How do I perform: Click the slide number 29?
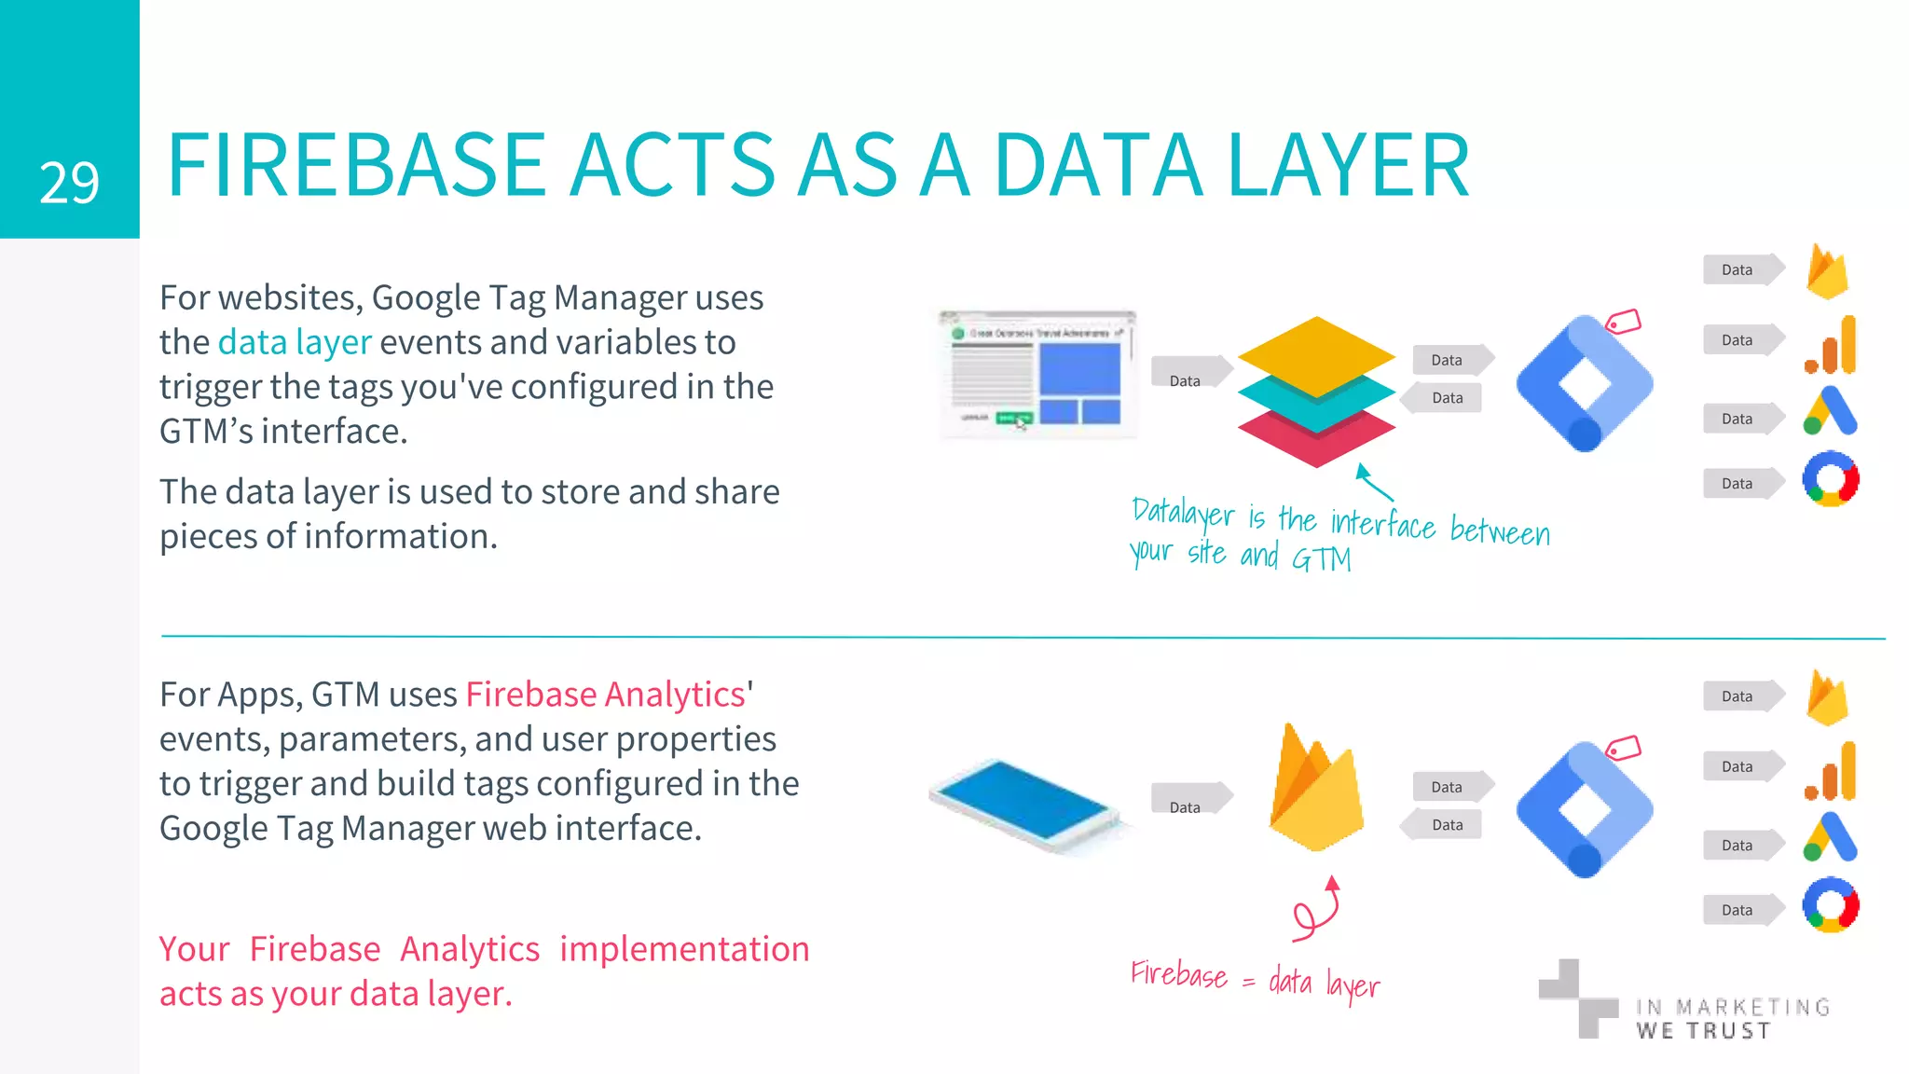pos(69,183)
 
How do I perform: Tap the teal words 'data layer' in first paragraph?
pos(295,342)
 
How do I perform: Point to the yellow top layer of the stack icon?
pos(1315,355)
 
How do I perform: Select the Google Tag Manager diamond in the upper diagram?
pos(1585,383)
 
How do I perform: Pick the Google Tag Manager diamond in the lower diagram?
pos(1585,809)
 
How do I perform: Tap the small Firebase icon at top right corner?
pos(1827,271)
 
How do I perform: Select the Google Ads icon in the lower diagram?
pos(1831,836)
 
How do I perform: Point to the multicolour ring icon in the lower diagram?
pos(1831,905)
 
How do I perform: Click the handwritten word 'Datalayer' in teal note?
pos(1182,513)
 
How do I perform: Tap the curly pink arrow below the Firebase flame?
pos(1317,909)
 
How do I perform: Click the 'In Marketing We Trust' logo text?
pos(1732,1019)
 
